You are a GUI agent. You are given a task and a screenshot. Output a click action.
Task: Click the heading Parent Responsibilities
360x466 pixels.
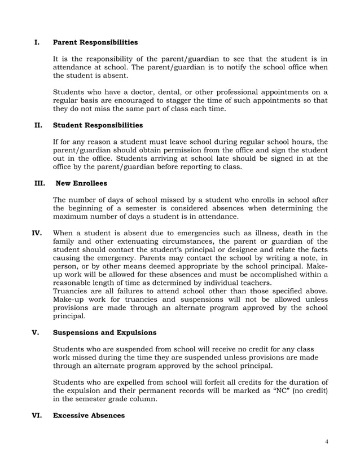95,42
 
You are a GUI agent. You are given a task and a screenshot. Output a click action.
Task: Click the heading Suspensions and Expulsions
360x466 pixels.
104,332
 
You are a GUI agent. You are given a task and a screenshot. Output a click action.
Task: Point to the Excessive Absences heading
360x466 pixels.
89,415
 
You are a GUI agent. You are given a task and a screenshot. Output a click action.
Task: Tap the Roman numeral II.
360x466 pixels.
38,125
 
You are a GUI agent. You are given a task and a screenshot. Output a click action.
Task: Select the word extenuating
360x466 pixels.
126,241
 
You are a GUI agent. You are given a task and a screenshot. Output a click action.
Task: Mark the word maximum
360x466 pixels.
73,216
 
